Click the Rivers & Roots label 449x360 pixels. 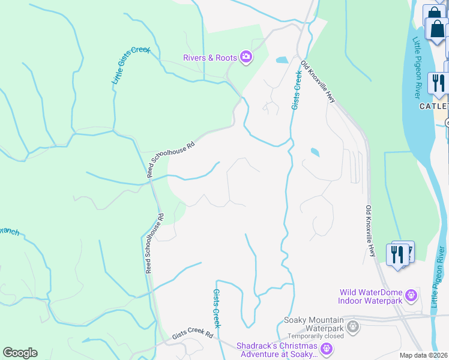click(x=210, y=58)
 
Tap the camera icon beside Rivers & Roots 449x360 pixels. click(x=246, y=57)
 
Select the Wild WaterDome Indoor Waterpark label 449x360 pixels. click(x=369, y=296)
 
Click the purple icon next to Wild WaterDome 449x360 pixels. click(x=411, y=295)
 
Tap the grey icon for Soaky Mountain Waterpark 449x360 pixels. click(x=353, y=328)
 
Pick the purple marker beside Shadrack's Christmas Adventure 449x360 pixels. click(x=327, y=348)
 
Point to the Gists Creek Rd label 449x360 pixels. click(x=193, y=335)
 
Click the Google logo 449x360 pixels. click(x=20, y=353)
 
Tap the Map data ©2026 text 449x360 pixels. click(x=424, y=355)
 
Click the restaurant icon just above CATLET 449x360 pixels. click(x=438, y=83)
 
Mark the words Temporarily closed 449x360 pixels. click(x=315, y=336)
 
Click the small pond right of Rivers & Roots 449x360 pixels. click(x=281, y=60)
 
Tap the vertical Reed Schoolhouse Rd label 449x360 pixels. click(x=154, y=242)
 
